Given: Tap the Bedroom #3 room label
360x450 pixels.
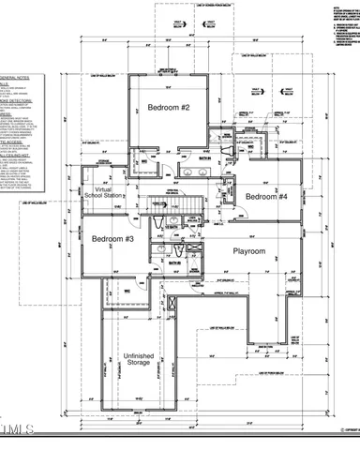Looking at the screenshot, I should pyautogui.click(x=112, y=238).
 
